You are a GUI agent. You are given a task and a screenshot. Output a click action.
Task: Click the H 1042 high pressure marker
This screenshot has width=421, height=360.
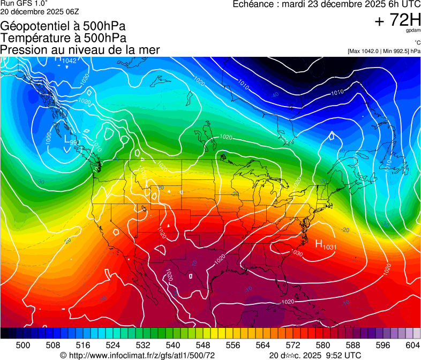click(66, 60)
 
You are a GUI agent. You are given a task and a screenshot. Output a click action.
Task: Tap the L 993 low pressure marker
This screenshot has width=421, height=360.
click(72, 140)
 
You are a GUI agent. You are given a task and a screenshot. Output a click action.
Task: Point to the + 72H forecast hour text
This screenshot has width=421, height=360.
click(398, 20)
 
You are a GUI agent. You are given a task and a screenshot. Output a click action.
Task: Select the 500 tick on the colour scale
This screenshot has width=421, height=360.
click(23, 344)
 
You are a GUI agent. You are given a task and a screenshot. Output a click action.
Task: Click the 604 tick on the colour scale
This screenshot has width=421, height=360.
click(412, 344)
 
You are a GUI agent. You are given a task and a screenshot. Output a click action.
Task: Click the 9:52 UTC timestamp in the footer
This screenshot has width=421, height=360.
click(338, 355)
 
